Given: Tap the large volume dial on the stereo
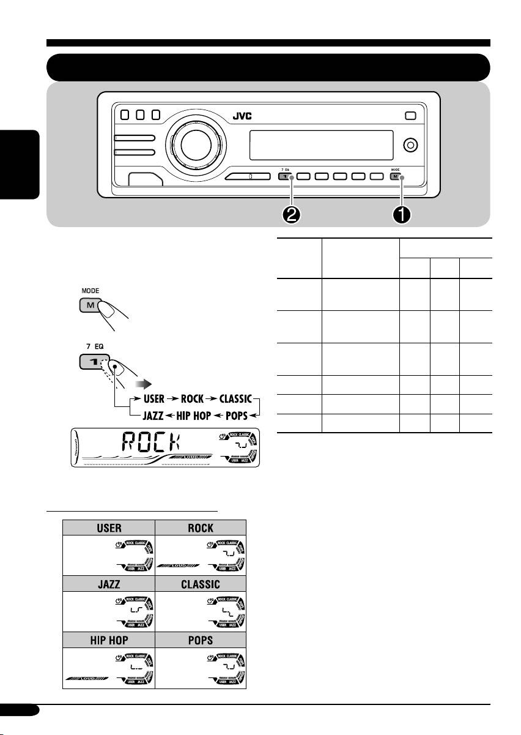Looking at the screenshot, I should pyautogui.click(x=193, y=144).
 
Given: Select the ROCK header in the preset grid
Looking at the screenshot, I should pyautogui.click(x=201, y=528).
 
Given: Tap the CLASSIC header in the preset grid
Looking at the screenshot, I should pyautogui.click(x=201, y=584).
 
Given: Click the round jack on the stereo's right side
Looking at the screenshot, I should pyautogui.click(x=411, y=146).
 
